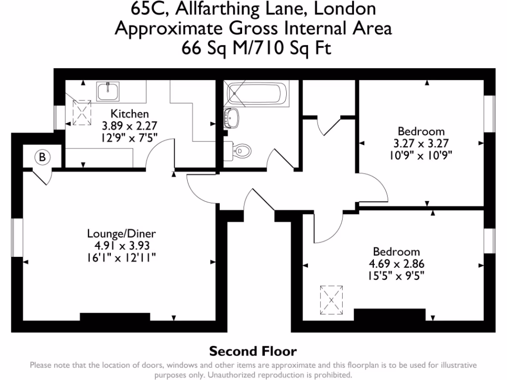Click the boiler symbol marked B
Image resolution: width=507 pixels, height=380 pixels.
click(x=43, y=157)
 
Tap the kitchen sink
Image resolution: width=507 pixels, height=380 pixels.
click(x=107, y=91)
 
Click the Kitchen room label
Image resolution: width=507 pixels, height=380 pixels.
click(x=129, y=113)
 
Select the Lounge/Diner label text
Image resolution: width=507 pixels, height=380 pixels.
click(x=121, y=233)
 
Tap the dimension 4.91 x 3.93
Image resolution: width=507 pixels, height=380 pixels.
click(x=121, y=245)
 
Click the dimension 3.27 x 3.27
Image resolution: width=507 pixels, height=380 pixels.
click(x=421, y=143)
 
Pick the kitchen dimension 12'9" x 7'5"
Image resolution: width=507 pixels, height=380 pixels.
click(x=129, y=137)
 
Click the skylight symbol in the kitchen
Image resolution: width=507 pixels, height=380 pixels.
click(x=82, y=112)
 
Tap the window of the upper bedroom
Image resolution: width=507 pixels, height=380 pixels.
click(x=490, y=113)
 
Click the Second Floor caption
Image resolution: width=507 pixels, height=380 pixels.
click(x=253, y=352)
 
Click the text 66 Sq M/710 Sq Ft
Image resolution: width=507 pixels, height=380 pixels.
click(x=253, y=48)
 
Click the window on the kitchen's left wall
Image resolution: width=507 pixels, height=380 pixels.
click(x=59, y=117)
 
